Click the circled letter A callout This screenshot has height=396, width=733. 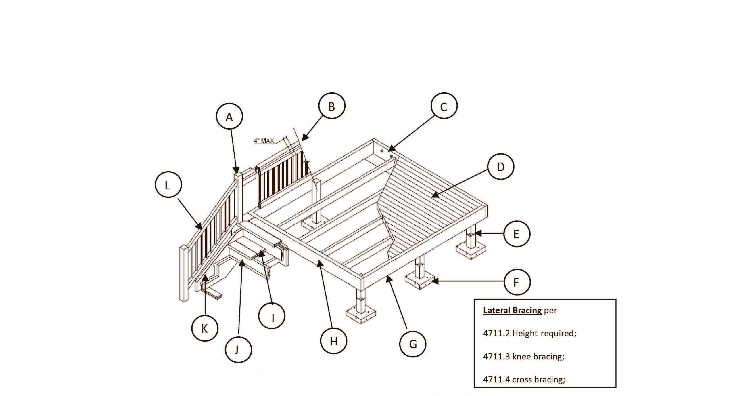pyautogui.click(x=229, y=117)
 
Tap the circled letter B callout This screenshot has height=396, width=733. pyautogui.click(x=331, y=106)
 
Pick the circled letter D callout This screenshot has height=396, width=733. pyautogui.click(x=500, y=167)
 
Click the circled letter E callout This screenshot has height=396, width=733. pyautogui.click(x=516, y=234)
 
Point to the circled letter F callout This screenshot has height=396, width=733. pyautogui.click(x=516, y=282)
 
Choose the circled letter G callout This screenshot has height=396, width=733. pyautogui.click(x=413, y=344)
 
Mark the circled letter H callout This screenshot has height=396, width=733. pyautogui.click(x=333, y=341)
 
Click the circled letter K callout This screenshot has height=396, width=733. pyautogui.click(x=204, y=328)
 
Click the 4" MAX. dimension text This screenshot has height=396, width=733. pyautogui.click(x=265, y=141)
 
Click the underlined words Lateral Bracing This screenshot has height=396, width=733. pyautogui.click(x=512, y=310)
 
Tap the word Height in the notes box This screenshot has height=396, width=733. pyautogui.click(x=525, y=334)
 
